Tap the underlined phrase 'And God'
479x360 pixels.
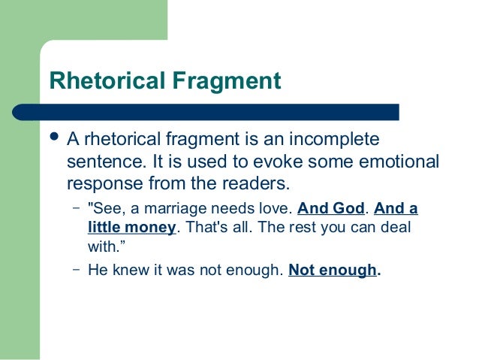[331, 209]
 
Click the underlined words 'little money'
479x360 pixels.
[131, 226]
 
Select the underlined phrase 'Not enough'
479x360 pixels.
[333, 271]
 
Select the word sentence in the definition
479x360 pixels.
[103, 162]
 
